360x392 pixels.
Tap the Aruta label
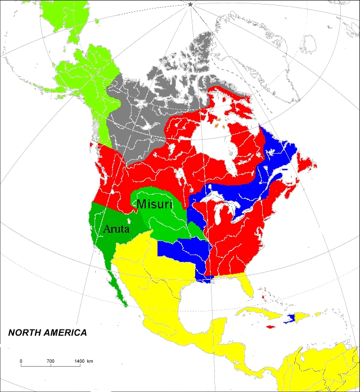pyautogui.click(x=118, y=229)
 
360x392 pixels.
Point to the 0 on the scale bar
pyautogui.click(x=21, y=360)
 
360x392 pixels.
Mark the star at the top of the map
pyautogui.click(x=190, y=5)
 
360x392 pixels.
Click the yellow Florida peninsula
pyautogui.click(x=245, y=284)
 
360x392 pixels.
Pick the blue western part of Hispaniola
pyautogui.click(x=291, y=319)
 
